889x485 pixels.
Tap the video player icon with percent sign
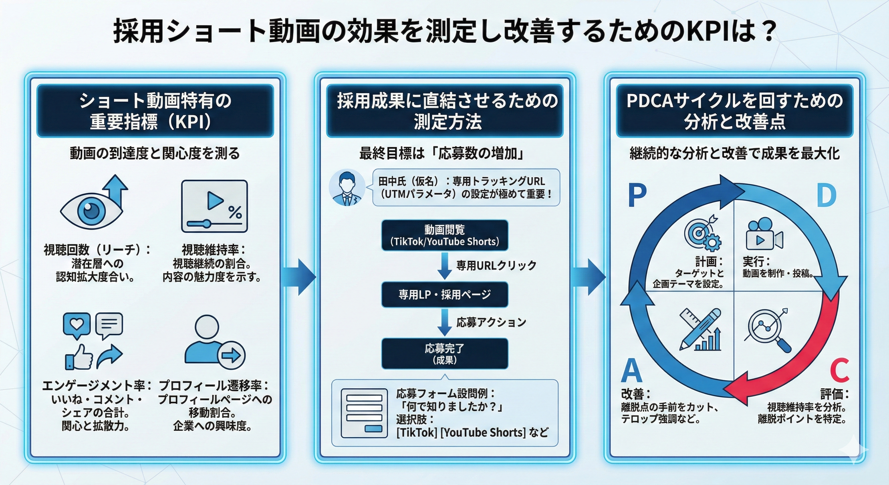click(x=214, y=206)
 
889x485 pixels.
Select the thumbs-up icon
click(x=79, y=357)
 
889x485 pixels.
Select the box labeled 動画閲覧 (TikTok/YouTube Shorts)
click(x=444, y=236)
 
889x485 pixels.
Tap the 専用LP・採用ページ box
click(x=444, y=295)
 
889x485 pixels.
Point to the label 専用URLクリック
click(x=496, y=266)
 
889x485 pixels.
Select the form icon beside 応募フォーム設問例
click(x=364, y=413)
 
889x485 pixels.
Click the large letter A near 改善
click(x=631, y=370)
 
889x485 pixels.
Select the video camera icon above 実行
click(x=764, y=234)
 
